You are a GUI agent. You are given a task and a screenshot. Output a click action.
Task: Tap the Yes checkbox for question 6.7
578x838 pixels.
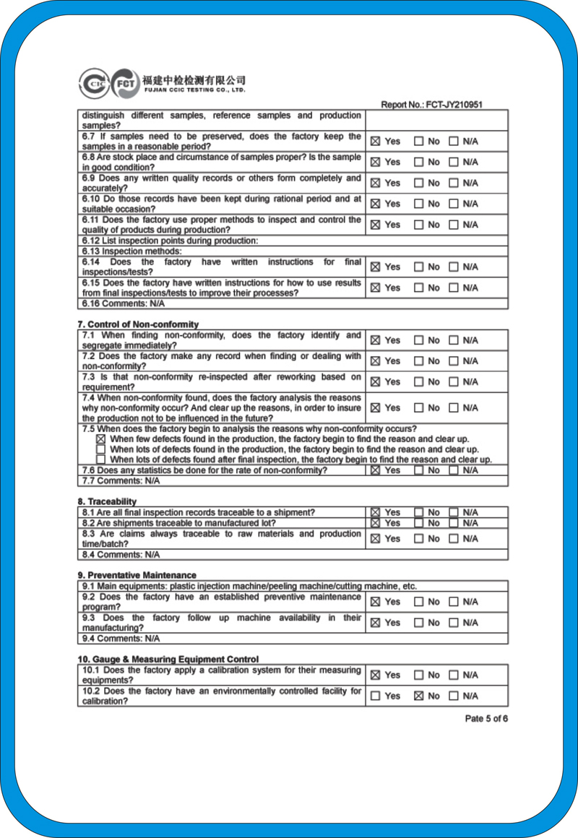(375, 142)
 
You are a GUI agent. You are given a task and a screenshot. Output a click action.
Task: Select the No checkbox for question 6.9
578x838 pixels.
(418, 183)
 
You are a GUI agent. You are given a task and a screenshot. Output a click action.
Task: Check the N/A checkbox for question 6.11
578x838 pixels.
(454, 225)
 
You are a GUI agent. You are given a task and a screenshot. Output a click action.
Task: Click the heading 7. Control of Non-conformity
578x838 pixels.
(138, 324)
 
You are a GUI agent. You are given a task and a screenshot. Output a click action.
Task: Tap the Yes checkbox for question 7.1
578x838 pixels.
(375, 340)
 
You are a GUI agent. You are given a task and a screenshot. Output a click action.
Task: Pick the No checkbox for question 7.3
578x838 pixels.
(418, 382)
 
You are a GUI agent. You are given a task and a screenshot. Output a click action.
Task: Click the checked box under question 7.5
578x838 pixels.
(100, 439)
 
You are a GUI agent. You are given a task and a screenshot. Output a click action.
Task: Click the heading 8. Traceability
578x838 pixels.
(107, 501)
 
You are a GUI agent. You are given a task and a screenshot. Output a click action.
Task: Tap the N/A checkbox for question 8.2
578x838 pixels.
(454, 523)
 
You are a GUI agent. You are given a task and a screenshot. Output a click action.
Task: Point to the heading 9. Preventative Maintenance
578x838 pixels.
(137, 575)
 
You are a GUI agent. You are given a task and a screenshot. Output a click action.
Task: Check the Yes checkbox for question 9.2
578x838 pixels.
(375, 602)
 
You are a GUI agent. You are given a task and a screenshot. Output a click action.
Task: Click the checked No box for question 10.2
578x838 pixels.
(418, 696)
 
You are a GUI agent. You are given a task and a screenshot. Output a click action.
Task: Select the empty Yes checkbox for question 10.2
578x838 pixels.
(375, 696)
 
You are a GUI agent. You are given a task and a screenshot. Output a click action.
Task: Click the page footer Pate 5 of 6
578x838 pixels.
(486, 719)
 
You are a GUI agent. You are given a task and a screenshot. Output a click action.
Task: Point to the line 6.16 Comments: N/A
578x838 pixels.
(123, 303)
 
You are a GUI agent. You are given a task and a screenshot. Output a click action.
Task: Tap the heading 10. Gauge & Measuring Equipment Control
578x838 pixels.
(168, 659)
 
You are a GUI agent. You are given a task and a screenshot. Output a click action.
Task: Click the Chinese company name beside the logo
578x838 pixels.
(194, 79)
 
